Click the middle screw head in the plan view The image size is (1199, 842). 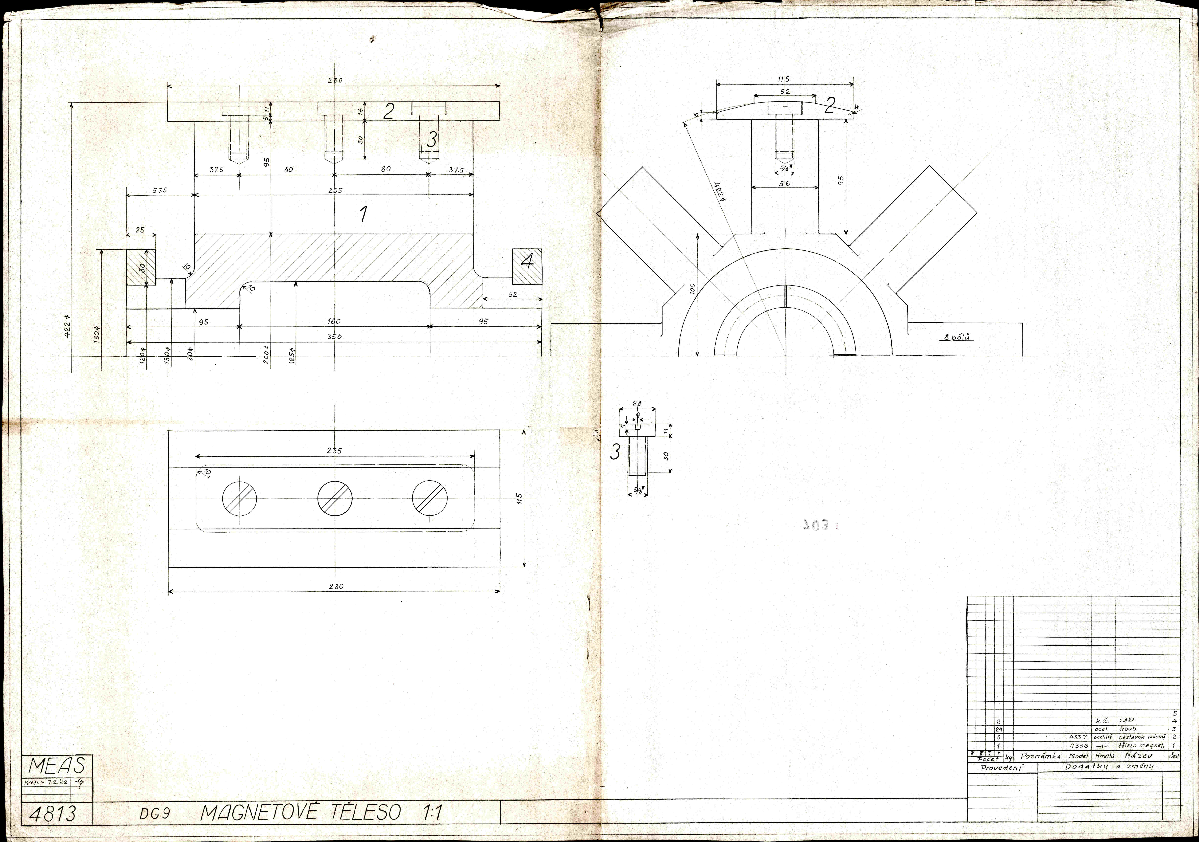point(335,496)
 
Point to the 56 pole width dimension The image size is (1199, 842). point(784,183)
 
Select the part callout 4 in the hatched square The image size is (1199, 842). point(527,261)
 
